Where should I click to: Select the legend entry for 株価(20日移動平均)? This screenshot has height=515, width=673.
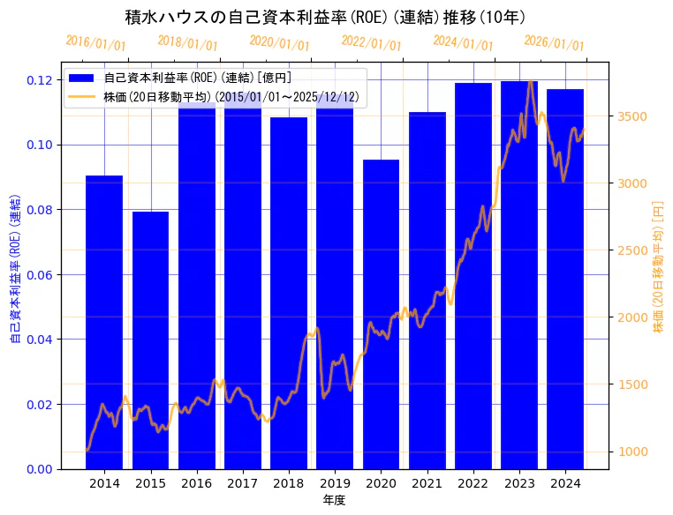231,97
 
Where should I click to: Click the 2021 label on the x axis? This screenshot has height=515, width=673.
427,483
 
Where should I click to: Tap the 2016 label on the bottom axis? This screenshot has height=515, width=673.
196,483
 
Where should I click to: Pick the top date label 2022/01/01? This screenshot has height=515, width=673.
371,42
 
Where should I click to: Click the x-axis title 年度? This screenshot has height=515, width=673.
334,500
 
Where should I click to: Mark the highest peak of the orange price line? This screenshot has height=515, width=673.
530,81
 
